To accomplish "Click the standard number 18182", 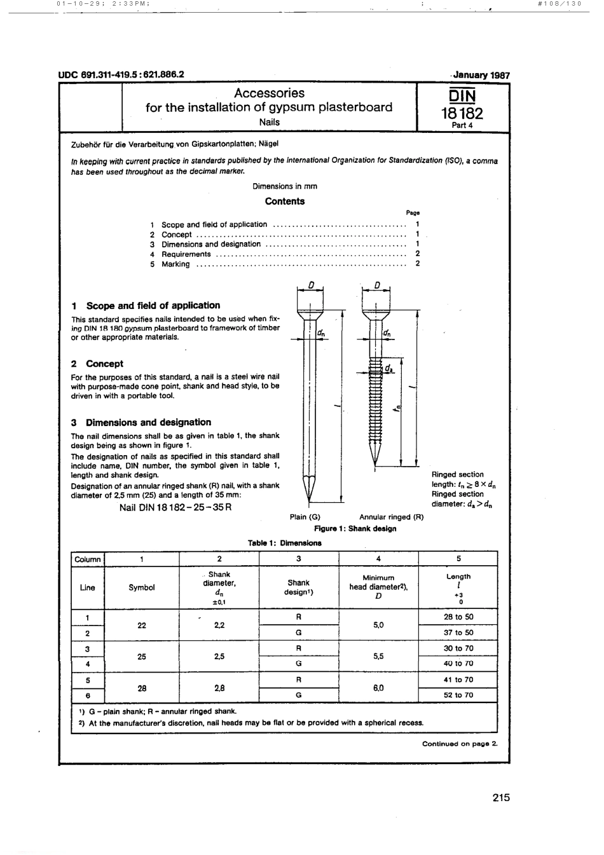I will point(462,114).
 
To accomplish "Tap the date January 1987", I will point(481,74).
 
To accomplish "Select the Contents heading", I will point(284,202).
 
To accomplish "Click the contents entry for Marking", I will point(175,264).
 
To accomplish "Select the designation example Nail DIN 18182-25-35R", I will point(175,507).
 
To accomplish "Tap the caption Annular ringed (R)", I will point(391,517).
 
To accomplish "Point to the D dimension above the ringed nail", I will point(376,285).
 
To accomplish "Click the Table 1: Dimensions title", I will point(284,543).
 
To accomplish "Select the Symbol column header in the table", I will point(142,587).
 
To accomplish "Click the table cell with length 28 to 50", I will point(458,617).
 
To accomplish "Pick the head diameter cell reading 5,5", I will point(378,656).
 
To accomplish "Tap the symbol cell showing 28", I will point(142,687).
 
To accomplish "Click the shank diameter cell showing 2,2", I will point(219,625).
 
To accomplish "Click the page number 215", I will point(500,798).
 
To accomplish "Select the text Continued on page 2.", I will point(460,743).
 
